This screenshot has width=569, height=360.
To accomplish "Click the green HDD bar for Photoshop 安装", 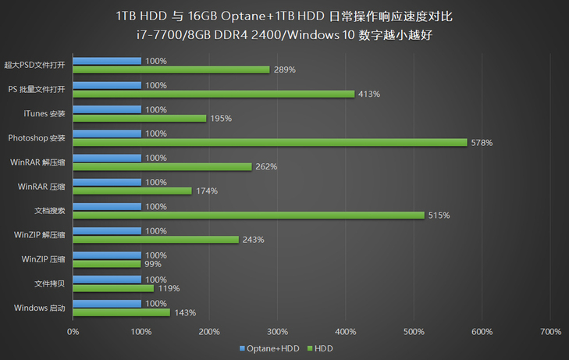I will (269, 142).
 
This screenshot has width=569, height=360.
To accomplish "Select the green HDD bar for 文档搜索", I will (248, 215).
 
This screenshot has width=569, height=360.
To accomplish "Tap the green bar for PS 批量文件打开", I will (213, 94).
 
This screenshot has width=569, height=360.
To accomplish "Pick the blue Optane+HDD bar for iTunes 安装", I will (107, 109).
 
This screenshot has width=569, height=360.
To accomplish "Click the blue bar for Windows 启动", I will (107, 303).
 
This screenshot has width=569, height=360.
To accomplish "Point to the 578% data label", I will (482, 142).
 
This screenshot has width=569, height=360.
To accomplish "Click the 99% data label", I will (153, 264).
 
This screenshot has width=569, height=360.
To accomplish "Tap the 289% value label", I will (283, 70).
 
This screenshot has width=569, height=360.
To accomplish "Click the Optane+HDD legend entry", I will (269, 348).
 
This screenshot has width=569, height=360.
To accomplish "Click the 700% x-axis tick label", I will (550, 332).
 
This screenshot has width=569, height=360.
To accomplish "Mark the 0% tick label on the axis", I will (73, 332).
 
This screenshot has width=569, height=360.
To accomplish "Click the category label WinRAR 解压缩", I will (38, 162).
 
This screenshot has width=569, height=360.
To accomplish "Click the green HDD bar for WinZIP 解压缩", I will (155, 239).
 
